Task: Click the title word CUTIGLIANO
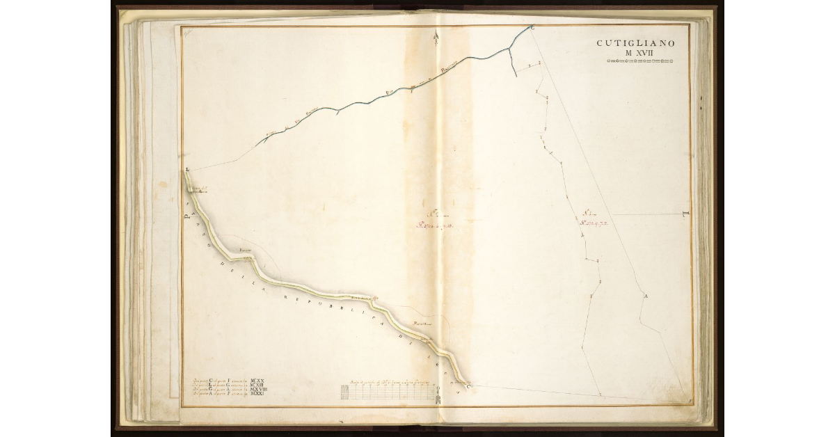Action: pyautogui.click(x=635, y=43)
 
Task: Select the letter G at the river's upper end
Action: pyautogui.click(x=532, y=29)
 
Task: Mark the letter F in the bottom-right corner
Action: pyautogui.click(x=686, y=402)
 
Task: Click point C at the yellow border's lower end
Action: pyautogui.click(x=468, y=385)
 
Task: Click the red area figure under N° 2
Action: pyautogui.click(x=435, y=225)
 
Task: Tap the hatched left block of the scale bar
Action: pyautogui.click(x=345, y=392)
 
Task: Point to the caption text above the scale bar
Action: pyautogui.click(x=379, y=381)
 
